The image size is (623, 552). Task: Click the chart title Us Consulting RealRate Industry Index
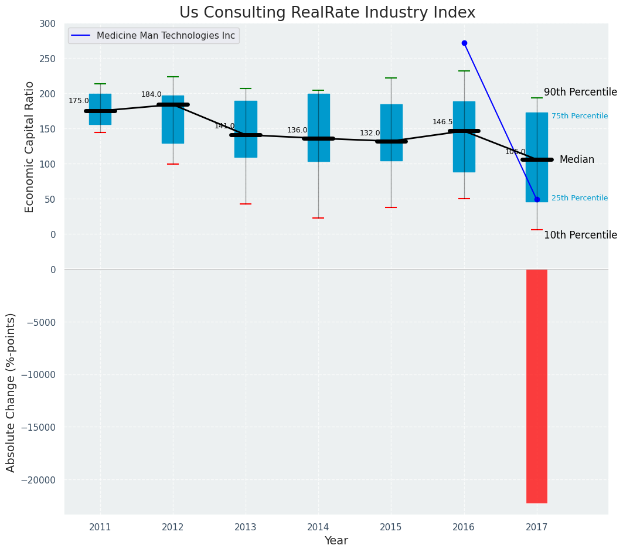(327, 13)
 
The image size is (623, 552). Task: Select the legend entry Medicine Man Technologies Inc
(165, 36)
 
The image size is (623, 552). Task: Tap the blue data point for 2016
(464, 43)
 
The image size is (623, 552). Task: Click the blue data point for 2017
(537, 199)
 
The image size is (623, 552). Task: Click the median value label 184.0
(151, 94)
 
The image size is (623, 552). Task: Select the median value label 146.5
(442, 122)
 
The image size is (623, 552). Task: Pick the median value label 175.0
(79, 101)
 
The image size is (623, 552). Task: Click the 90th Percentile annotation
(580, 92)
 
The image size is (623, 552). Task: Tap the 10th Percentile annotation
(580, 235)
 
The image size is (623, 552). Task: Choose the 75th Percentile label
(580, 116)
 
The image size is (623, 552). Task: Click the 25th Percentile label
(580, 198)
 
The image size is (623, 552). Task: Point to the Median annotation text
(577, 159)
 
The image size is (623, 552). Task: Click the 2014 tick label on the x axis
(318, 527)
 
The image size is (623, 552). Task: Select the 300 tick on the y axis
(48, 23)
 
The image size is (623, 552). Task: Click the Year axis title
(336, 541)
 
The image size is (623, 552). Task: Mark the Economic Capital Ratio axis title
(30, 146)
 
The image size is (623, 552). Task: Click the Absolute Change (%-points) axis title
(11, 392)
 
